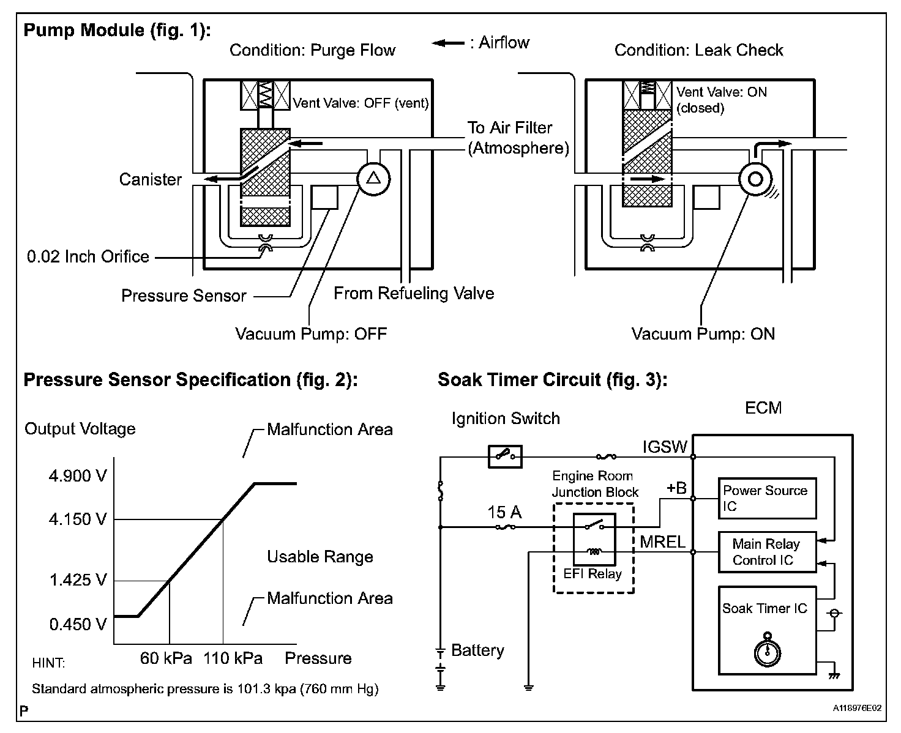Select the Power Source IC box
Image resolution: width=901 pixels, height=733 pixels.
(x=766, y=499)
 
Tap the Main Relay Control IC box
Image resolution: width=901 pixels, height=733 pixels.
(x=766, y=552)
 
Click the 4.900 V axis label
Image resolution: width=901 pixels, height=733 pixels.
(x=78, y=476)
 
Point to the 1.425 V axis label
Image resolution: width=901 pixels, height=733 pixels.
(x=78, y=580)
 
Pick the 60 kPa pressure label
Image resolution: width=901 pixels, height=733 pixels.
(x=166, y=658)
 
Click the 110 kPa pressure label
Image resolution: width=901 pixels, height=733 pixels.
(x=233, y=658)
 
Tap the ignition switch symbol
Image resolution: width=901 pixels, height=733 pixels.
(x=505, y=456)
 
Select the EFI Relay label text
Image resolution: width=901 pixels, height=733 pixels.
(x=593, y=574)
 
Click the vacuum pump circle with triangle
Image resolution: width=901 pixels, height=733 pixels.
(x=373, y=179)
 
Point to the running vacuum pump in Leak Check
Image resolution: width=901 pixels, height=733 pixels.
(x=755, y=179)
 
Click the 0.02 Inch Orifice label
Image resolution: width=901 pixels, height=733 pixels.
(x=88, y=256)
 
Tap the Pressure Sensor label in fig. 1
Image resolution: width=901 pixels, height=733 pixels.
(x=184, y=296)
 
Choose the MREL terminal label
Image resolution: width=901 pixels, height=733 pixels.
(x=663, y=541)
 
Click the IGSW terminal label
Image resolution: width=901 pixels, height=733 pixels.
(x=665, y=447)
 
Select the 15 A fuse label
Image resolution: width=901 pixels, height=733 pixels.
(x=504, y=513)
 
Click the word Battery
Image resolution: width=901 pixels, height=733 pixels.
(x=477, y=650)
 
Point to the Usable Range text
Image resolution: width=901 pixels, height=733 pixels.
(x=320, y=557)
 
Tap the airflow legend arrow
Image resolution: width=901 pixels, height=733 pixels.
(x=447, y=43)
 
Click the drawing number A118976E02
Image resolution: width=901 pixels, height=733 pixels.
(x=857, y=708)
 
